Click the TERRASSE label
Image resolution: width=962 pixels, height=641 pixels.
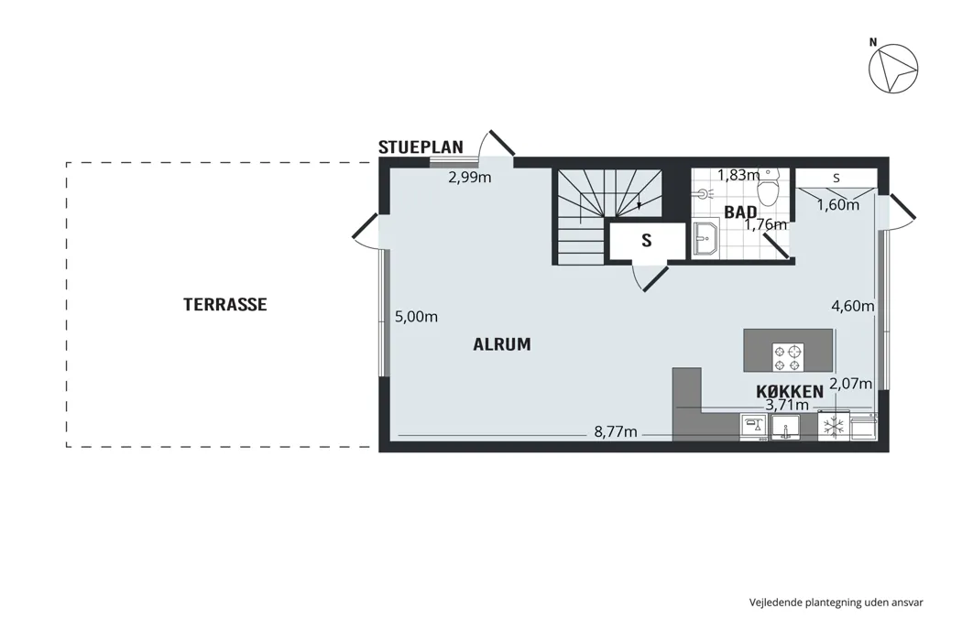[x=225, y=304]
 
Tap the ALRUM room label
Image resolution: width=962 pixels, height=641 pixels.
[x=502, y=344]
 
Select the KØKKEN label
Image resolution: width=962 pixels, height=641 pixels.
[x=790, y=392]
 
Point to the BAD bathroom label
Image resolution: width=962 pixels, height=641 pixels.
[x=740, y=212]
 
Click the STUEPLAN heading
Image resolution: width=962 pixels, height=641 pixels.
[x=421, y=147]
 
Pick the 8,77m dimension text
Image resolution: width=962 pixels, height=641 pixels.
[x=616, y=432]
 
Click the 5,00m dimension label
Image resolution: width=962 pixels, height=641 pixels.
[x=416, y=317]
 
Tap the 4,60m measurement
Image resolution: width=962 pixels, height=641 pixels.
[x=853, y=306]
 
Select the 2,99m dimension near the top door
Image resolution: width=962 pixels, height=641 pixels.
[x=470, y=178]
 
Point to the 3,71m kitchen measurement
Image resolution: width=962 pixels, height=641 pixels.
[x=787, y=405]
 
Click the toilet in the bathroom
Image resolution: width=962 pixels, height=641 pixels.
[x=768, y=187]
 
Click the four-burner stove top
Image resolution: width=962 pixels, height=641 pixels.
[x=788, y=358]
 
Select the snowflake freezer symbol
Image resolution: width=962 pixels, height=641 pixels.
[x=833, y=427]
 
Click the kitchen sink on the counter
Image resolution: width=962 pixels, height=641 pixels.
[x=785, y=428]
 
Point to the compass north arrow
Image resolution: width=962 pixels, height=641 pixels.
[x=893, y=69]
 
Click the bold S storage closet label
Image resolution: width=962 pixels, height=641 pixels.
[x=647, y=241]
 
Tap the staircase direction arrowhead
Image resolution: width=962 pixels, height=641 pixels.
[x=640, y=205]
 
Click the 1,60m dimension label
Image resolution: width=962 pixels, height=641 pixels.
[x=838, y=205]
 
